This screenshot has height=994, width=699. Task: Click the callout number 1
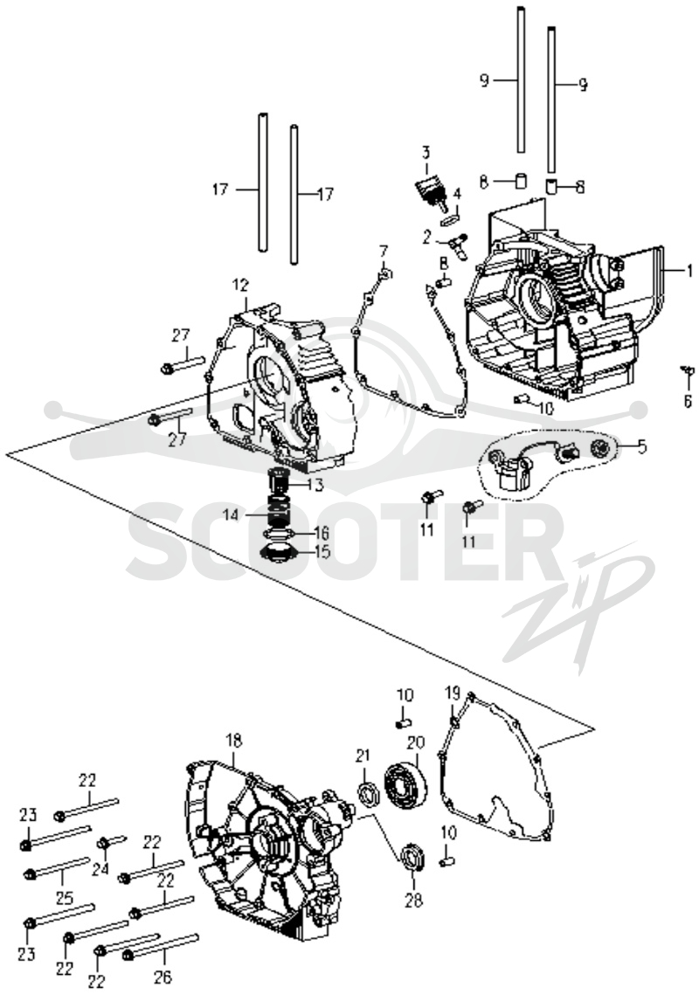point(688,272)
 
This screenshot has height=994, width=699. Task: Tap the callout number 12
point(240,286)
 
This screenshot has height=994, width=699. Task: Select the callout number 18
point(234,741)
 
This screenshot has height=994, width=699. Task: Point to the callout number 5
point(641,447)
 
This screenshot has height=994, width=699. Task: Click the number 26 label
point(163,977)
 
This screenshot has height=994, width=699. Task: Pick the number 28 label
point(413,900)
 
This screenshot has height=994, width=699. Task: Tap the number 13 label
point(315,485)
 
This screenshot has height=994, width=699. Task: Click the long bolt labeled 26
point(159,944)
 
